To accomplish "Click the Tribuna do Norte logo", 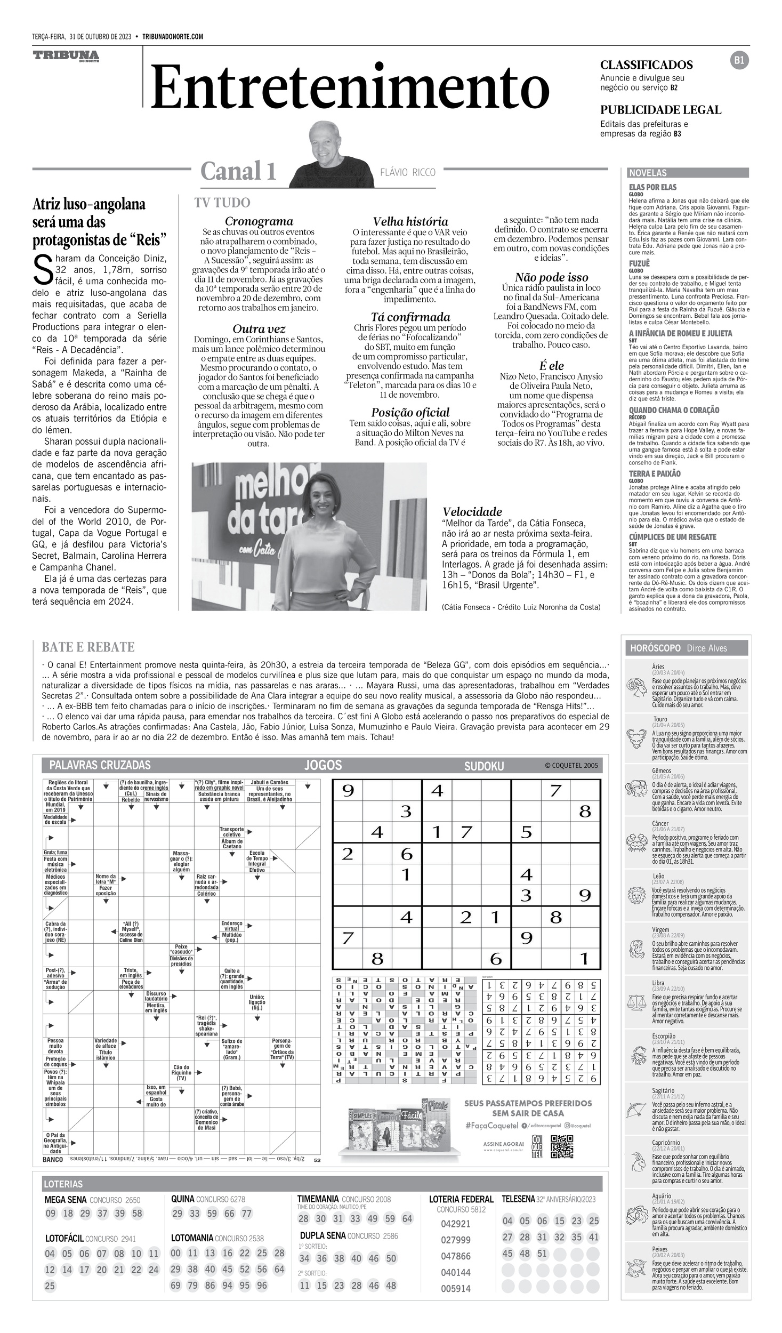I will point(66,56).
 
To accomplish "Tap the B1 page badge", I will point(739,61).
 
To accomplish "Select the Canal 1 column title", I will point(238,171).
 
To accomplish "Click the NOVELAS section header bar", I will point(688,173).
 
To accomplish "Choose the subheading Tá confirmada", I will point(410,317).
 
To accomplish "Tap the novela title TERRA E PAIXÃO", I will point(654,473).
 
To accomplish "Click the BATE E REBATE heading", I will point(88,647).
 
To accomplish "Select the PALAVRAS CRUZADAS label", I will point(100,765).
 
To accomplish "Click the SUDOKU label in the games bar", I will point(483,766).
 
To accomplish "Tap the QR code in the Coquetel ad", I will point(561,1146).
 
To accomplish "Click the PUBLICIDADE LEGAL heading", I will point(660,110).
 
